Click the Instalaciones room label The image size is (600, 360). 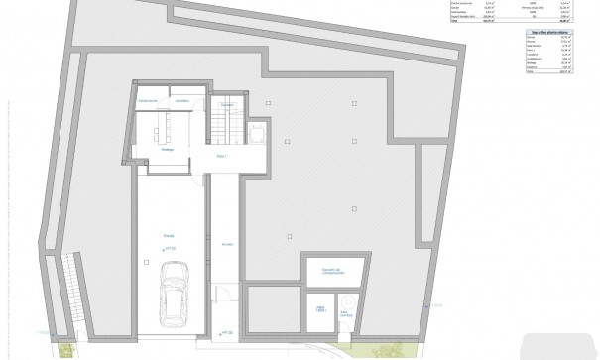pos(150,101)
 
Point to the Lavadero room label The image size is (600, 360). pos(181,101)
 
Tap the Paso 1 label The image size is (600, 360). pos(222,157)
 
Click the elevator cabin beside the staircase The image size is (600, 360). pos(255,134)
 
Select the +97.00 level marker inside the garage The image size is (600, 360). pos(170,248)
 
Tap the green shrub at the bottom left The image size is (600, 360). pos(64,347)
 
